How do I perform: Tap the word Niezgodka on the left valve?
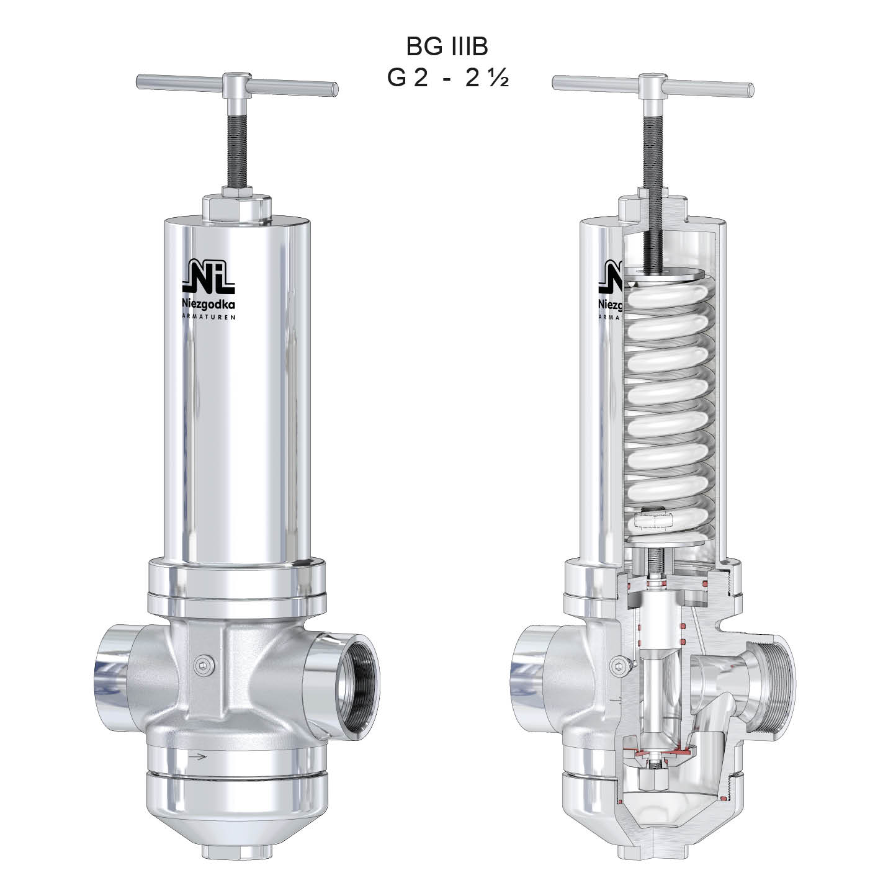click(x=208, y=304)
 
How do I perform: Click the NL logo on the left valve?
click(x=208, y=277)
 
